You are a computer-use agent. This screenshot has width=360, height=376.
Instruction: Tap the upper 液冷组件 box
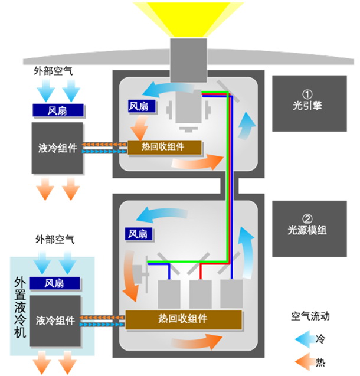click(57, 148)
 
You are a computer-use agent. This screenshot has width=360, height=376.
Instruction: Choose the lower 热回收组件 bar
click(184, 319)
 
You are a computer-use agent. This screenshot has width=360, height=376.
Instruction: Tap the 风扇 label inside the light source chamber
click(136, 234)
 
